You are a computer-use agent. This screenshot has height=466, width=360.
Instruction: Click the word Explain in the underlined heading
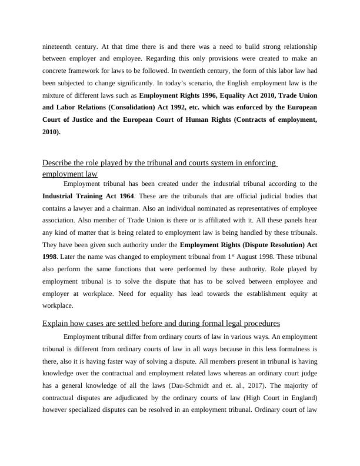58,324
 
